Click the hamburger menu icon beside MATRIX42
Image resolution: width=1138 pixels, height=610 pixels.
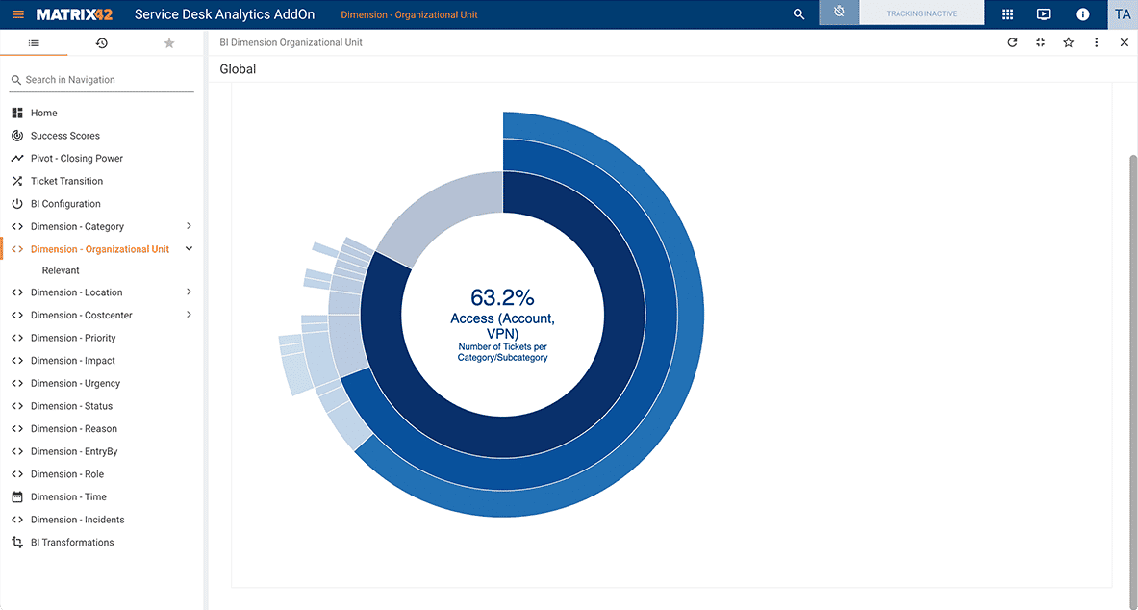pos(18,14)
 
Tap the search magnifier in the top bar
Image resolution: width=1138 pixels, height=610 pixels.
pos(798,14)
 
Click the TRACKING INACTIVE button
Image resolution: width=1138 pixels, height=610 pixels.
pos(921,13)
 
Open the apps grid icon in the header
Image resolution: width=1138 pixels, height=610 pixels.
pos(1007,14)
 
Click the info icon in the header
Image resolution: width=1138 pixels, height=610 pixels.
pos(1082,14)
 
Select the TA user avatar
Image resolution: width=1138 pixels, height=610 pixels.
pos(1123,14)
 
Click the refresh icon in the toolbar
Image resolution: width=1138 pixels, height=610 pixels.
pos(1012,42)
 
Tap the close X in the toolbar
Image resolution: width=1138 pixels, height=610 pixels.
pos(1125,42)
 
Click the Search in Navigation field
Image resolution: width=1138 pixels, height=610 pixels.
pos(106,80)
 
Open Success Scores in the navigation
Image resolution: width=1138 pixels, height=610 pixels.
pos(64,136)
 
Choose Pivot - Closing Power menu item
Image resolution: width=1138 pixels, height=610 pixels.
pos(76,159)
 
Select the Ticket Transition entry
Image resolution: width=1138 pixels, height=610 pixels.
pos(66,181)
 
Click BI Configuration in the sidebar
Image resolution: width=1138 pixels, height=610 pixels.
pos(65,204)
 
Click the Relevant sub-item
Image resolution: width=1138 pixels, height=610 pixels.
pos(61,270)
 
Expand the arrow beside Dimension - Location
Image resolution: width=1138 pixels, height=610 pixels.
pos(189,292)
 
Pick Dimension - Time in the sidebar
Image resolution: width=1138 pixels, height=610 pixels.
pos(68,497)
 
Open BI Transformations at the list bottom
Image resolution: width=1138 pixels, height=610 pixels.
pos(72,543)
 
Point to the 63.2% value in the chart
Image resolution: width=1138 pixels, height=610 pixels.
pos(502,297)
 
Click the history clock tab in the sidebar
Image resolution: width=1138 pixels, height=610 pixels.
pos(102,43)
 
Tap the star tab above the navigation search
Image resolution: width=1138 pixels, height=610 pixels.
pos(169,43)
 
